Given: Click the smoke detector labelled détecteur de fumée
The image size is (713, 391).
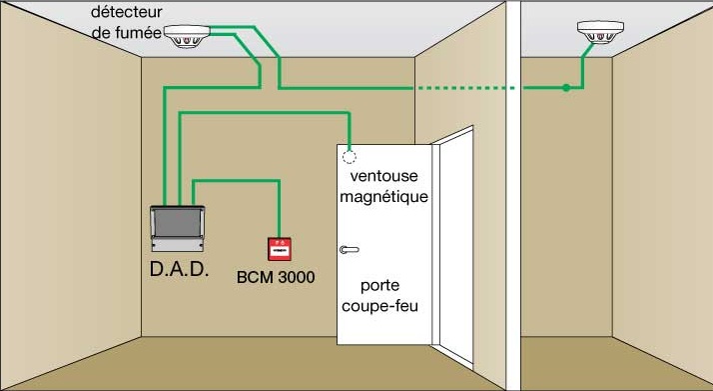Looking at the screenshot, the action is point(187,36).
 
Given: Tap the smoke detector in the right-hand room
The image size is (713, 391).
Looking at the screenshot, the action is point(600,31).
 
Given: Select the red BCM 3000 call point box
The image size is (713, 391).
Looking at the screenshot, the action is point(280,249).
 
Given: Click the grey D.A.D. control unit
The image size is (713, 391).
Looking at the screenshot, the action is point(178,229).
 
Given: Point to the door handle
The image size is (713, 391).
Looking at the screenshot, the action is point(349,249).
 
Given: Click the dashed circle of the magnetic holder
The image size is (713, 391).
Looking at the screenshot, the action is point(349,157).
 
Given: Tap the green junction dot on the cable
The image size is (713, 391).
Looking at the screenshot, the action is point(565,87).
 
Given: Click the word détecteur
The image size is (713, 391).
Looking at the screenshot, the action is point(126,12).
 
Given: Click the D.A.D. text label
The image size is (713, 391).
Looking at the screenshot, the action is point(179,269).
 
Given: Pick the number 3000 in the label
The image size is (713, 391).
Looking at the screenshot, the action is point(296,277).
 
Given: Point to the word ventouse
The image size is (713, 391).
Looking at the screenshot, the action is point(383,176).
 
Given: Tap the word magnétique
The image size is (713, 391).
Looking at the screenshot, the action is point(384,197).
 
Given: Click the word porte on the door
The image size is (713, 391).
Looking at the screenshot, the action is point(379,286).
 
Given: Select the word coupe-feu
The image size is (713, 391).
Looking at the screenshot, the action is point(379,306).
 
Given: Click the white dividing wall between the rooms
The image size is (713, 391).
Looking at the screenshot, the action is point(513,196).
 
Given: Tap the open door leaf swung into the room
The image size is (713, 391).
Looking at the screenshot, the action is point(453,246).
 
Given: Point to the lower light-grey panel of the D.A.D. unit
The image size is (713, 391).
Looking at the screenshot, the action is point(178,244).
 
